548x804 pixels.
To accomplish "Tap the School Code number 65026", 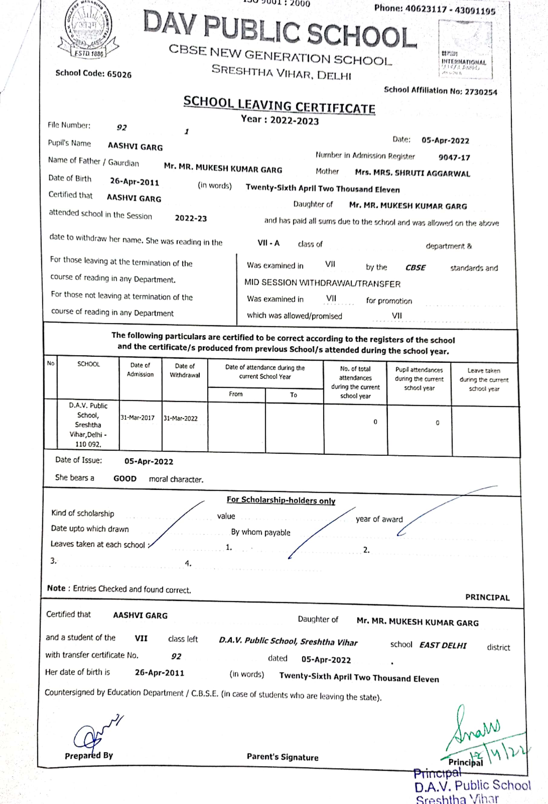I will click(119, 74).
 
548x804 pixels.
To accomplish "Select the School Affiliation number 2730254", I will click(481, 92).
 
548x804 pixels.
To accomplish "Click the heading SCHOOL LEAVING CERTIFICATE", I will click(279, 105).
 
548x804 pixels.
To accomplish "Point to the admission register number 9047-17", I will click(454, 158).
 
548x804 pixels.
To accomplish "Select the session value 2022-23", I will click(191, 218).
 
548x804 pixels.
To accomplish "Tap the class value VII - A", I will click(269, 243).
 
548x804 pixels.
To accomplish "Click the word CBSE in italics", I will click(415, 267).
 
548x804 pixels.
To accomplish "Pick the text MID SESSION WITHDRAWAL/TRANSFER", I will click(322, 283).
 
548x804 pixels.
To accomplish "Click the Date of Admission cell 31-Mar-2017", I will click(138, 417).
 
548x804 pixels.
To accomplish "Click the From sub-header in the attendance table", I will click(236, 394).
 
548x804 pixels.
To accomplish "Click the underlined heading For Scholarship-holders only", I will click(281, 500).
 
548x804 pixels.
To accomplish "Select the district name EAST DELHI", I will click(443, 646).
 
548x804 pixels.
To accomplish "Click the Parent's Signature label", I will click(282, 757).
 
